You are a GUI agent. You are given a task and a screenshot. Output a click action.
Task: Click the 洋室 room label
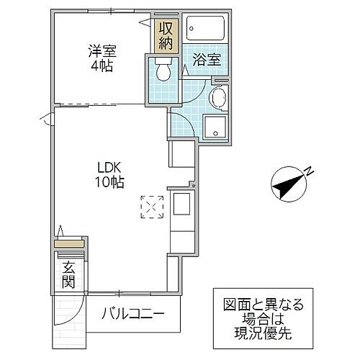[x=102, y=51]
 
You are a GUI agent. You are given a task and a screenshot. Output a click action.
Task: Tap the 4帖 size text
[x=102, y=66]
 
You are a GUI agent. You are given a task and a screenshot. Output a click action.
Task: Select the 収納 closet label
[x=166, y=34]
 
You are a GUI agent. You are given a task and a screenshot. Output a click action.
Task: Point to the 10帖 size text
[x=109, y=182]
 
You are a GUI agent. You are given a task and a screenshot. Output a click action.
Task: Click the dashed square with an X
[x=152, y=207]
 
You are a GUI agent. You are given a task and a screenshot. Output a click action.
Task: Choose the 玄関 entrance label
[x=68, y=275]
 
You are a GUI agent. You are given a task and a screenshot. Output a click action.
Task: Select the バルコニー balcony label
[x=133, y=314]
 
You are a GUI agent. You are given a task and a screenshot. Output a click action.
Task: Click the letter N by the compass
[x=307, y=171]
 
